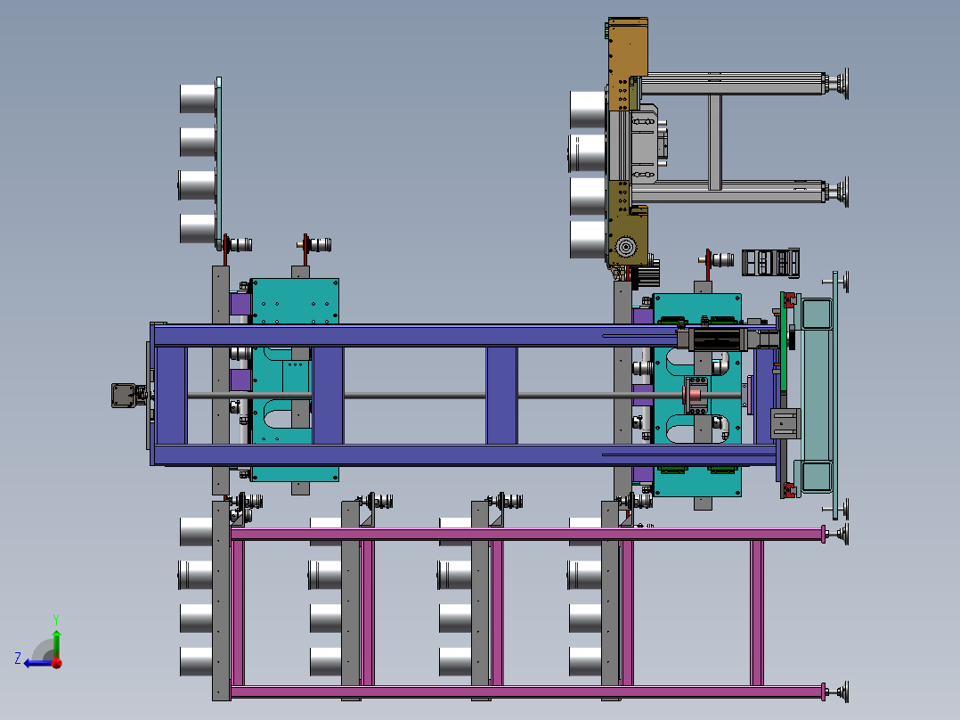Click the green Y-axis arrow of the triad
(56, 643)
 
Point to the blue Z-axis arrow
(38, 663)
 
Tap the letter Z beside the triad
(18, 659)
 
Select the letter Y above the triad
(56, 619)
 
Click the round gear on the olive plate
(626, 248)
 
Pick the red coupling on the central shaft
(696, 396)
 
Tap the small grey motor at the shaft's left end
(125, 396)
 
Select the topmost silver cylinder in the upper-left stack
(198, 99)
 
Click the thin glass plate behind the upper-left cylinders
(218, 162)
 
